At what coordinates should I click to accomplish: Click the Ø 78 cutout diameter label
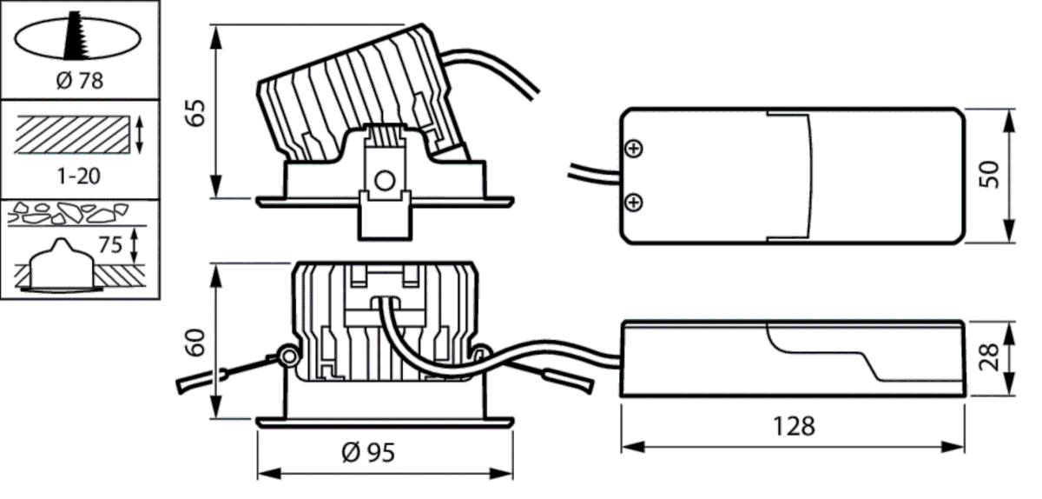(x=79, y=82)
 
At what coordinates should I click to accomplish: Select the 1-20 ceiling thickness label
(x=79, y=176)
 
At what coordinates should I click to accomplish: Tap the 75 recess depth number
(x=110, y=245)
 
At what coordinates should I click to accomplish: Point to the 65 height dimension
(x=196, y=112)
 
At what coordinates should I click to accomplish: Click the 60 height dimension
(x=196, y=343)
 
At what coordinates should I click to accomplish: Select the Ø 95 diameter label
(x=368, y=453)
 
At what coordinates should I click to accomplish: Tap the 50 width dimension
(x=991, y=173)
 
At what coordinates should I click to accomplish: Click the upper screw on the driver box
(x=635, y=150)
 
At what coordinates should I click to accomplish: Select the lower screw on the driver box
(x=635, y=203)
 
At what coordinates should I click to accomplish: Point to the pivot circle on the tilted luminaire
(x=382, y=181)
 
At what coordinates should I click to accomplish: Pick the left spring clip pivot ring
(x=285, y=356)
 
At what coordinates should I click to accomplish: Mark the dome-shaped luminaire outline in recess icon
(x=58, y=261)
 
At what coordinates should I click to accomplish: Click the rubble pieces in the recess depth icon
(x=68, y=214)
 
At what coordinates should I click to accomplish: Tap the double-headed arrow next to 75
(x=134, y=246)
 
